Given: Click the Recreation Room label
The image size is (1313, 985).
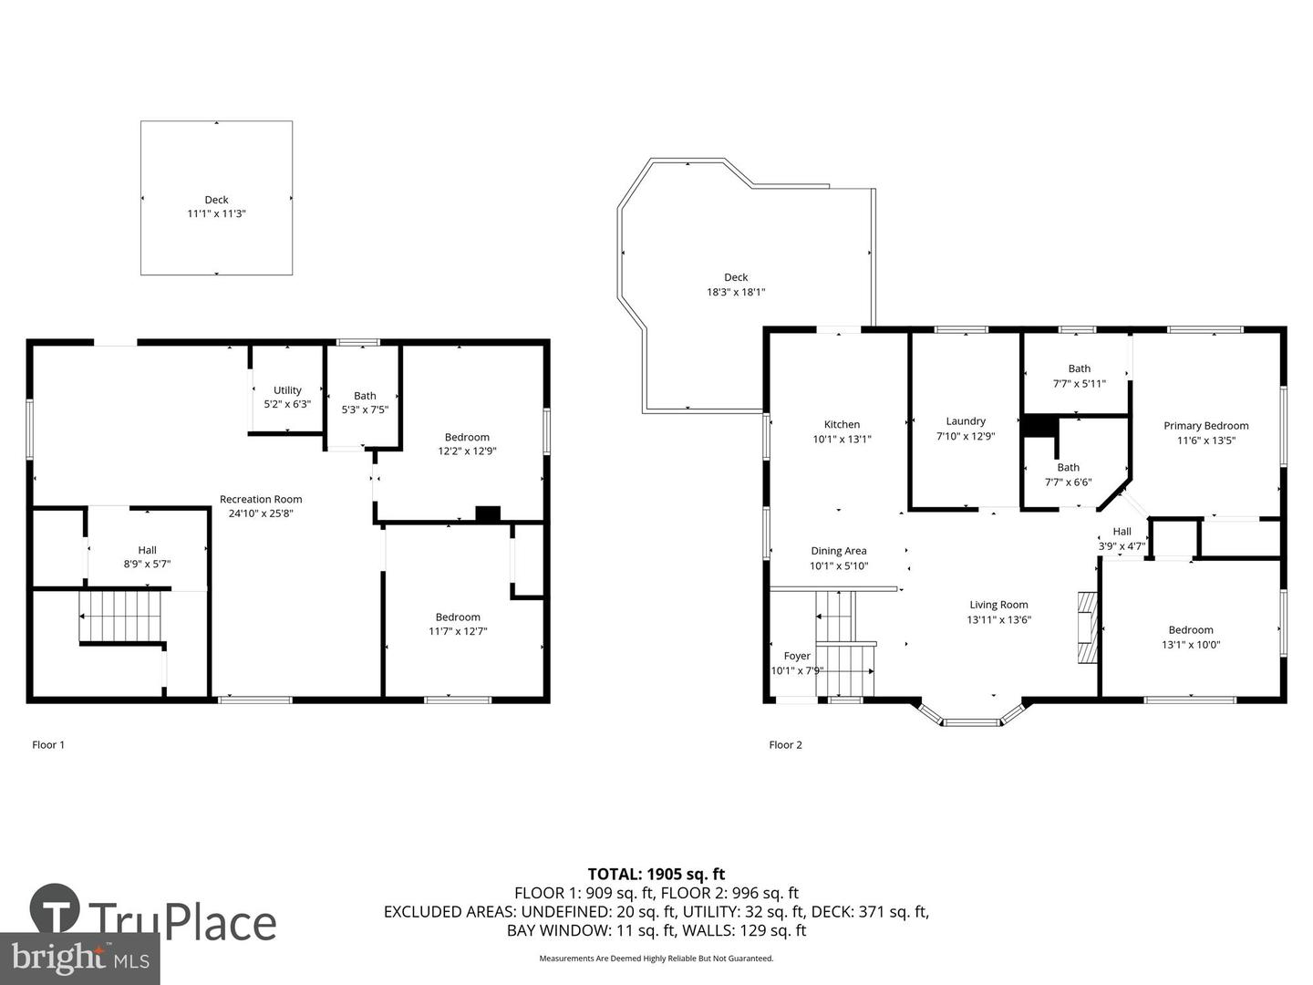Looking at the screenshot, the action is point(261,499).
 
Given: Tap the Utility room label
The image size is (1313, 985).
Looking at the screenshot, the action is point(287,390).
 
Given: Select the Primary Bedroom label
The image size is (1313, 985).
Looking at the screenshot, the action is point(1206,426).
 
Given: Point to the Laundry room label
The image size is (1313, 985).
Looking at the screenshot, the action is point(966,421).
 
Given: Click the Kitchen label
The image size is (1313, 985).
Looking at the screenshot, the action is point(842,424).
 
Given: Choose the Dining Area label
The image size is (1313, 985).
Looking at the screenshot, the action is point(839,551).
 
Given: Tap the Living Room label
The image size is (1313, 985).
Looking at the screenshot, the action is point(999,605).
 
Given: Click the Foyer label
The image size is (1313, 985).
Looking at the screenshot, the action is point(797,656).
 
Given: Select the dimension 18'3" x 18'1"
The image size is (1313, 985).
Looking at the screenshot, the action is point(736,292).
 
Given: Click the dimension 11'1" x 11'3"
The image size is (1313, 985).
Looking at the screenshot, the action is point(216,213).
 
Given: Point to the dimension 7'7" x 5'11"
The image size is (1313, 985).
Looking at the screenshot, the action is point(1079,383).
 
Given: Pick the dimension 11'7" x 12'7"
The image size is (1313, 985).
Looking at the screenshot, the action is point(458,631).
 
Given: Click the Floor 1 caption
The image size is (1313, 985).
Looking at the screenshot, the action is point(47,744).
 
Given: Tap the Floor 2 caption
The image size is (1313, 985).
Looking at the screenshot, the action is point(785,744).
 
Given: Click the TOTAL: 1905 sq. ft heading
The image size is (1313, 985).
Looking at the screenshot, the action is point(656,874).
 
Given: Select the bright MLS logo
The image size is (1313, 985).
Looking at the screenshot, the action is point(79,958).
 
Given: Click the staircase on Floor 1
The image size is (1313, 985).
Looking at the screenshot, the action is point(120,616).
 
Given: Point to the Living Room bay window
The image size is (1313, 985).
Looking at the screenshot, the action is point(971,712).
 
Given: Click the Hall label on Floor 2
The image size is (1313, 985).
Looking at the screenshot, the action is point(1122,531).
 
